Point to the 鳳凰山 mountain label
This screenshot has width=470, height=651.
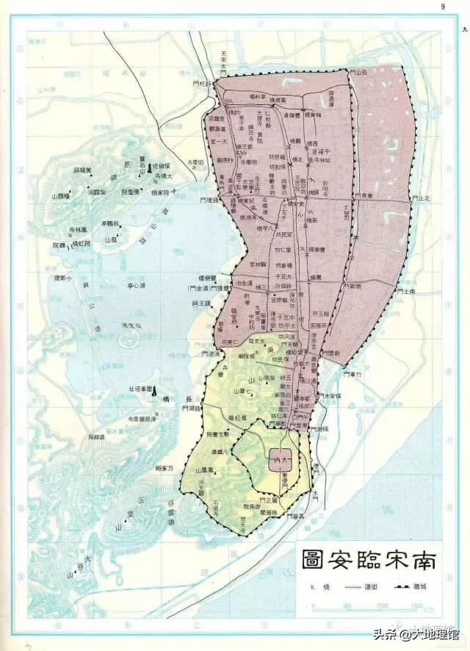tap(201, 469)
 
